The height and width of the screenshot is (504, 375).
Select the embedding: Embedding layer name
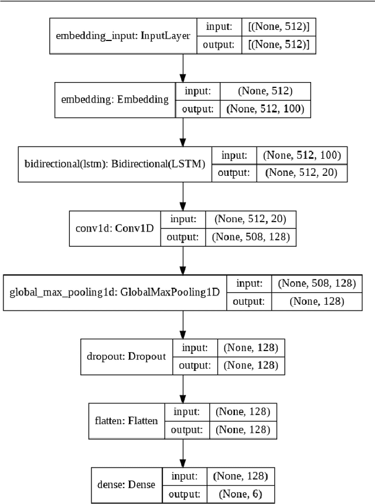[x=115, y=99]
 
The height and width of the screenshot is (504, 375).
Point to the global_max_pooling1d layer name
[x=116, y=292]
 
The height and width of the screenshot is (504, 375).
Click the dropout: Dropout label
[x=127, y=356]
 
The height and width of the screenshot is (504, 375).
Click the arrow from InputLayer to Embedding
[x=183, y=67]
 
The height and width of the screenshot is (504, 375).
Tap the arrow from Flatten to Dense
[x=183, y=452]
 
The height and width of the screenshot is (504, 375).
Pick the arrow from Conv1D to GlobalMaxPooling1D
[x=183, y=260]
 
